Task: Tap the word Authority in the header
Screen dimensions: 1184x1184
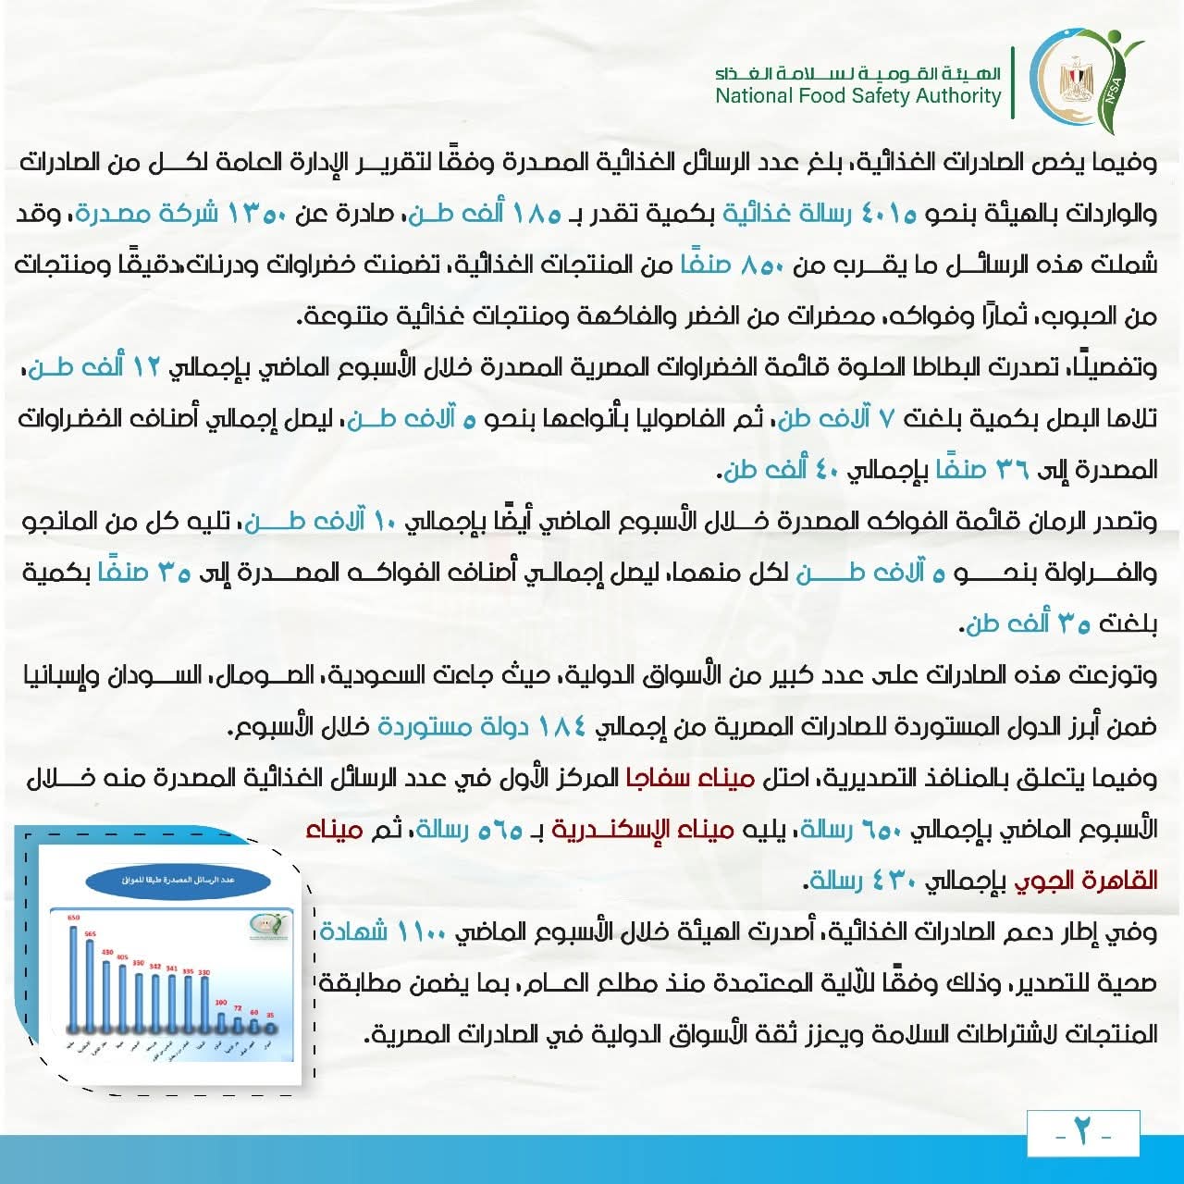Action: [957, 96]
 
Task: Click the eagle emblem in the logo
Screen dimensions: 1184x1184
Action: [1075, 81]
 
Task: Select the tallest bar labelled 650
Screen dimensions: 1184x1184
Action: [74, 976]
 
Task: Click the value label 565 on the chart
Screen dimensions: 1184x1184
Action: [91, 934]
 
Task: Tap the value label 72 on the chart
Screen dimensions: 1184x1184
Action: [237, 1008]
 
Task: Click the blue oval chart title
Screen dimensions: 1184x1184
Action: [177, 881]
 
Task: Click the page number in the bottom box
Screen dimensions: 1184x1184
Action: [1082, 1132]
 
